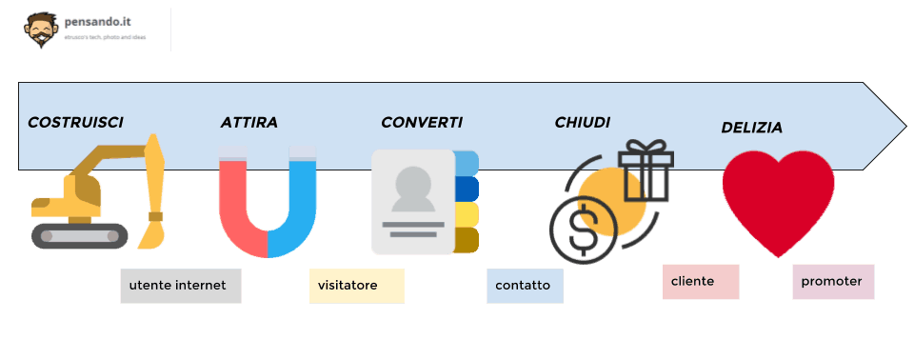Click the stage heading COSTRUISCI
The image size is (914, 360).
75,122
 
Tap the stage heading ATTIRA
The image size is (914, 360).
248,123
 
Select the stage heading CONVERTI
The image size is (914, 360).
422,122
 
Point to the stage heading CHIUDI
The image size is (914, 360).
582,122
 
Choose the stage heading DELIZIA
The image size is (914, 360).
751,127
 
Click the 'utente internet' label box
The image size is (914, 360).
181,286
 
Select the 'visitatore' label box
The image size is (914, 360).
357,286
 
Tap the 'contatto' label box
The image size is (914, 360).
525,286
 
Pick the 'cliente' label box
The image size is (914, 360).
701,282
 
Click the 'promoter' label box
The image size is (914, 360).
833,282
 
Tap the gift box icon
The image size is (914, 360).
646,171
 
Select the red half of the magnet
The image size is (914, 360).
238,210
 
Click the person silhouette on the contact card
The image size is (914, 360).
412,190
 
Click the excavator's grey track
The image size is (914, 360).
79,235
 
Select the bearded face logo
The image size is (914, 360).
40,30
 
